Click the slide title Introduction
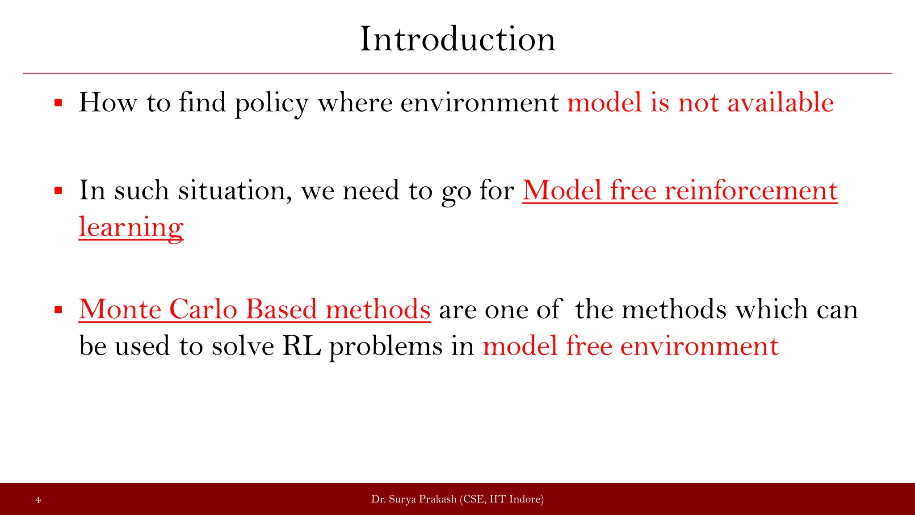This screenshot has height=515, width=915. [x=457, y=39]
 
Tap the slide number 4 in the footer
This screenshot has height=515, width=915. [x=38, y=500]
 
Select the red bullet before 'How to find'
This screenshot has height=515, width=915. [x=58, y=103]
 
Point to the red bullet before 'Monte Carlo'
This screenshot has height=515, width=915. [x=58, y=310]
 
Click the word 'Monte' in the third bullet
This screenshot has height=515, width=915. [x=120, y=309]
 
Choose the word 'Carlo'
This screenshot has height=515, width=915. [x=203, y=309]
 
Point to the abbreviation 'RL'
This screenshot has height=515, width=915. [x=302, y=346]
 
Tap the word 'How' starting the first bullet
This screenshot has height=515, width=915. [x=108, y=103]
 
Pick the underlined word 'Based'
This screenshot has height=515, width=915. [x=281, y=309]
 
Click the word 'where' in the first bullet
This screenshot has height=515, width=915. [x=355, y=103]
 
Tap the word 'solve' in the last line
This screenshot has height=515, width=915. [x=243, y=346]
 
